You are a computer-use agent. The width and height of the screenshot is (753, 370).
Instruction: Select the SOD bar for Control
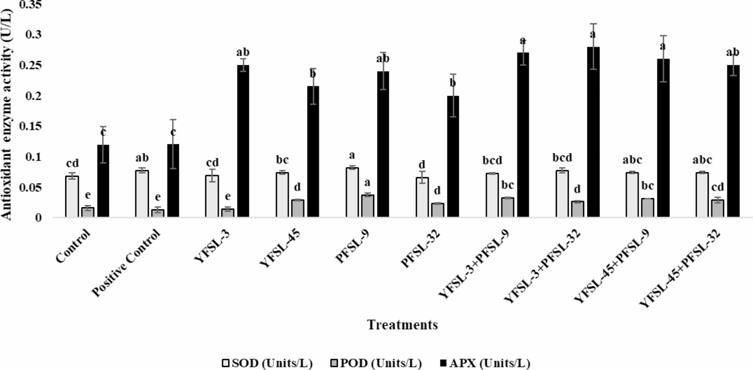click(x=72, y=197)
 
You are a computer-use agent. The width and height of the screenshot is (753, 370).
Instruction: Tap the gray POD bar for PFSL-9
click(x=367, y=206)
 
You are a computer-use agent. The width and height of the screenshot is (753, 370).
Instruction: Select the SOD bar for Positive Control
click(x=142, y=194)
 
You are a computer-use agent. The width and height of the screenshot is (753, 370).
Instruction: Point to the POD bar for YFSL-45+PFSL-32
click(x=718, y=208)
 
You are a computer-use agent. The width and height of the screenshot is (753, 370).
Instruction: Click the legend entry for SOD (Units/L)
click(x=267, y=363)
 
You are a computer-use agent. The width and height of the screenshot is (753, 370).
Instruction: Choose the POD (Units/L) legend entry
click(x=376, y=363)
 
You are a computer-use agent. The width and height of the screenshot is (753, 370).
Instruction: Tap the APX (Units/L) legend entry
click(x=485, y=363)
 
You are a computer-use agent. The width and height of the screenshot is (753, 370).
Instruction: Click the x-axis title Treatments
click(x=402, y=324)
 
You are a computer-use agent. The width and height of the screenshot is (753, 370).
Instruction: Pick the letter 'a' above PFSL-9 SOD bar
click(x=352, y=155)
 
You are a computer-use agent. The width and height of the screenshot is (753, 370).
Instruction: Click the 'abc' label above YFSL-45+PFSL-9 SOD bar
click(x=632, y=160)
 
